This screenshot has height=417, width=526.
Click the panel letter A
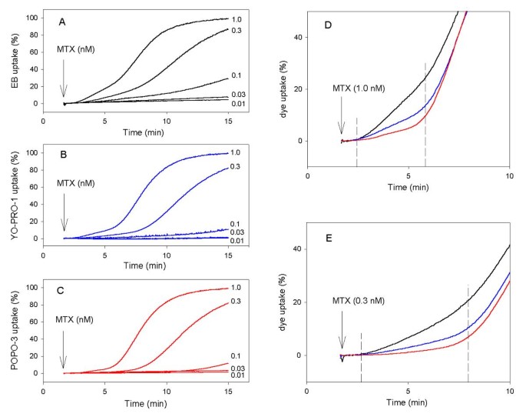point(64,22)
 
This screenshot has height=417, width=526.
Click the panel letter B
point(65,153)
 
